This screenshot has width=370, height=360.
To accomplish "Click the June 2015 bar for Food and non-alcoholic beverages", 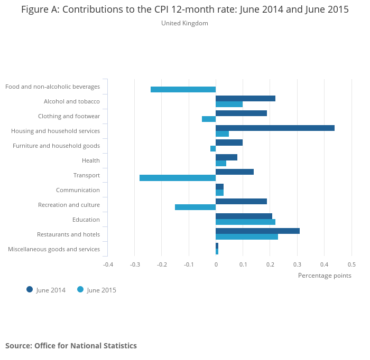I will (183, 89).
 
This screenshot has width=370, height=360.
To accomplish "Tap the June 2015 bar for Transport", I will (178, 178).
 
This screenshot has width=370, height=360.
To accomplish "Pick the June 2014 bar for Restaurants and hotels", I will (257, 231).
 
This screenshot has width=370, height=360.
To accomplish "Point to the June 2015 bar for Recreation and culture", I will (195, 207).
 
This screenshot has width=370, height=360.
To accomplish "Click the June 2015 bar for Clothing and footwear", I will (209, 119).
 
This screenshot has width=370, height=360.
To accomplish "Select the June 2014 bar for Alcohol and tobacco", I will (245, 98).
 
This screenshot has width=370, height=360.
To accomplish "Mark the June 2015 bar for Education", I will (245, 222).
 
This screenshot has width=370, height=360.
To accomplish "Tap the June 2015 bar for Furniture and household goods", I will (213, 148).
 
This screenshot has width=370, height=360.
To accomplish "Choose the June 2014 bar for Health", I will (226, 157).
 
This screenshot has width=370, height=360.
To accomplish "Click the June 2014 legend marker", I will (30, 289).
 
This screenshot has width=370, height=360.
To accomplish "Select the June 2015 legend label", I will (101, 290).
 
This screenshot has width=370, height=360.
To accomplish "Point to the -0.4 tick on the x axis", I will (108, 264).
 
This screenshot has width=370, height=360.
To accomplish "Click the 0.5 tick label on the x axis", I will (351, 264).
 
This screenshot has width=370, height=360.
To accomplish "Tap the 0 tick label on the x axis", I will (216, 264).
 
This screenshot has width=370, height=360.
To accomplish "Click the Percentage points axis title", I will (325, 275).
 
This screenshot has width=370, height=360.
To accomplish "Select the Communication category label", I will (78, 190).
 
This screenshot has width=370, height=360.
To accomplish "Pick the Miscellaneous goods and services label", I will (54, 249).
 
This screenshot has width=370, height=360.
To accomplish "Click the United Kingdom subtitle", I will (184, 23).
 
